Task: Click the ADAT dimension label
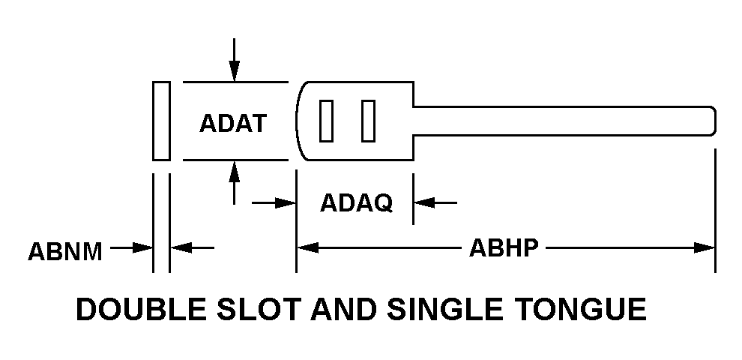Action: pos(233,122)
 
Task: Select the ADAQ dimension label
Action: pos(356,202)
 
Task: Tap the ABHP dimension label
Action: pos(504,247)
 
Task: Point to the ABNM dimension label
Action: pos(65,250)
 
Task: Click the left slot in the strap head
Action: pos(326,121)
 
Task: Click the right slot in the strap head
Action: pos(368,121)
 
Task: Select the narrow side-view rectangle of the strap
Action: pos(161,121)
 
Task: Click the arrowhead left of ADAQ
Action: pos(286,202)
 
